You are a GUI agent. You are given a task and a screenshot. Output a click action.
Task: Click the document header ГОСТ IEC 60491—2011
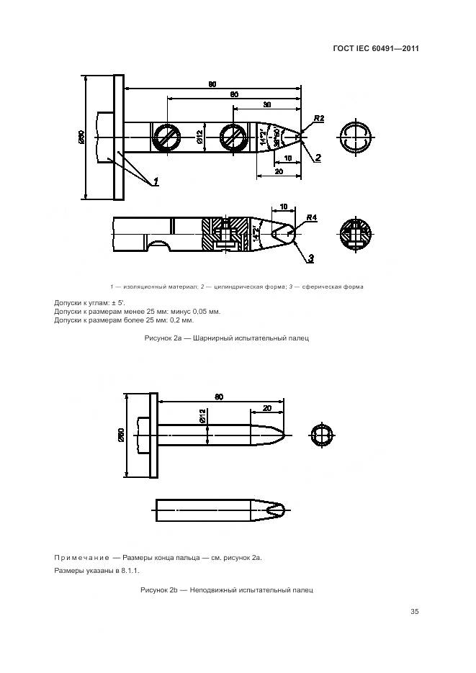pos(377,49)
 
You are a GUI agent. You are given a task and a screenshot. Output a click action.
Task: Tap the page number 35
pos(414,613)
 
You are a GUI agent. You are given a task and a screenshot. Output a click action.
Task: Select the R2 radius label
pos(319,118)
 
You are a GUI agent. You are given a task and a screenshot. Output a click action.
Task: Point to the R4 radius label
pos(311,217)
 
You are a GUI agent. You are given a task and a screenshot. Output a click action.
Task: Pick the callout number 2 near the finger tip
pos(318,156)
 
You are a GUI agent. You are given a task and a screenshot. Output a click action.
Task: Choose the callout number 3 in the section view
pos(310,257)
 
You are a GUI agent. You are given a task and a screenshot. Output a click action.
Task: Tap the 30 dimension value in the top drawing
pos(266,105)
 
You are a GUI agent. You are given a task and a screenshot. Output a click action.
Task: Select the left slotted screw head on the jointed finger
pos(167,137)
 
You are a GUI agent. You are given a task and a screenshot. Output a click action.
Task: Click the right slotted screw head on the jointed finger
pos(234,137)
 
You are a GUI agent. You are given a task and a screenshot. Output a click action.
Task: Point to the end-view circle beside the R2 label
pos(355,137)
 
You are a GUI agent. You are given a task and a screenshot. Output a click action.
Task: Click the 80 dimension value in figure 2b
pos(218,397)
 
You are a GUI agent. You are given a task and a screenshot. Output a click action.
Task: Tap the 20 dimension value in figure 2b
pos(267,407)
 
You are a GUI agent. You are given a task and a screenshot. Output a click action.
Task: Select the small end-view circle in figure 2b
pos(322,436)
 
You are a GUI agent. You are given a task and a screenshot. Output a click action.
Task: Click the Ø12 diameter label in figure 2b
pos(202,416)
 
